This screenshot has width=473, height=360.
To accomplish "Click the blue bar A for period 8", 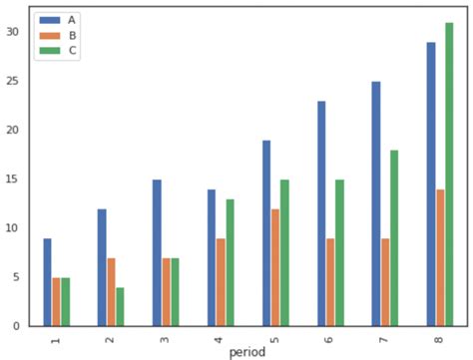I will (x=431, y=184).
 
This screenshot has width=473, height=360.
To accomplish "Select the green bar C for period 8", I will (x=449, y=175).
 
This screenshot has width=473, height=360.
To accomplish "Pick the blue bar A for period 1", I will (x=47, y=282).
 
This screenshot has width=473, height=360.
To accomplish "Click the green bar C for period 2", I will (x=120, y=306).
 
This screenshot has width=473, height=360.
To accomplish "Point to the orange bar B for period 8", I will (x=440, y=257).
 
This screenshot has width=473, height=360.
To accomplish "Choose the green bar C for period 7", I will (x=394, y=238).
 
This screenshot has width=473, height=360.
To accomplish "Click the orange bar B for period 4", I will (x=221, y=282).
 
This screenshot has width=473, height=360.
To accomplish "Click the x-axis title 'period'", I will (x=247, y=352).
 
